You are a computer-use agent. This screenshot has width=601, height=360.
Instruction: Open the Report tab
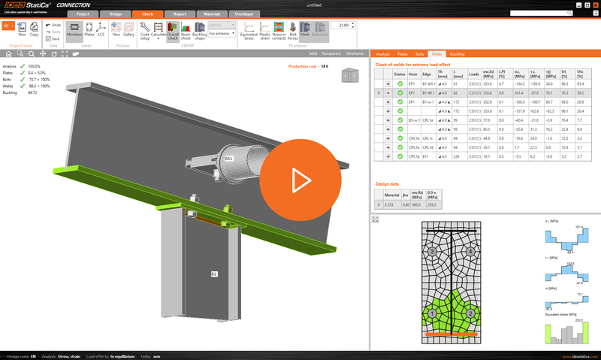point(180,14)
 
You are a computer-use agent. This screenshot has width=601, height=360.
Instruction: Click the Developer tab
point(244,14)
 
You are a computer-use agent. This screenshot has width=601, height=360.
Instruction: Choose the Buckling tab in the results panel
point(457,55)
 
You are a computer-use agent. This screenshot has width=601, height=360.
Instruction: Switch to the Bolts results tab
point(419,55)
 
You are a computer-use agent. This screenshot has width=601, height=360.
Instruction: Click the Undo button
point(54,25)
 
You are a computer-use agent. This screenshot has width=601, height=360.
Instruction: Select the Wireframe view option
point(355,54)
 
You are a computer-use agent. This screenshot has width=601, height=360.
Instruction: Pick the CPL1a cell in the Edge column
point(427,120)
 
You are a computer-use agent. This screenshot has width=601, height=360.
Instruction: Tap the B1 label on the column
point(213,274)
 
